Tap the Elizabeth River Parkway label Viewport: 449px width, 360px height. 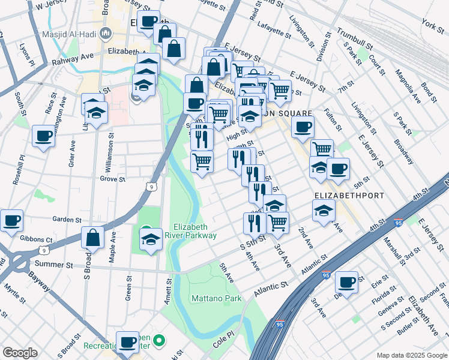[194, 231]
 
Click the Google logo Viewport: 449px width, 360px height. [20, 353]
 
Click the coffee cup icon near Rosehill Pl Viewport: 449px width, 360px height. [43, 136]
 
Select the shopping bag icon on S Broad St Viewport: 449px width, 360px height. [94, 238]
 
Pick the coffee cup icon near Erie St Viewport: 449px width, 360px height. [346, 281]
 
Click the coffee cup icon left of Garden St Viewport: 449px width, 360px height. [12, 220]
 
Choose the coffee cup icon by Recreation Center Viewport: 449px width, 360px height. [127, 342]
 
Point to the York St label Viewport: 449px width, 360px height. [432, 25]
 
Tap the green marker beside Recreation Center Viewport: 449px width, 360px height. [159, 342]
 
